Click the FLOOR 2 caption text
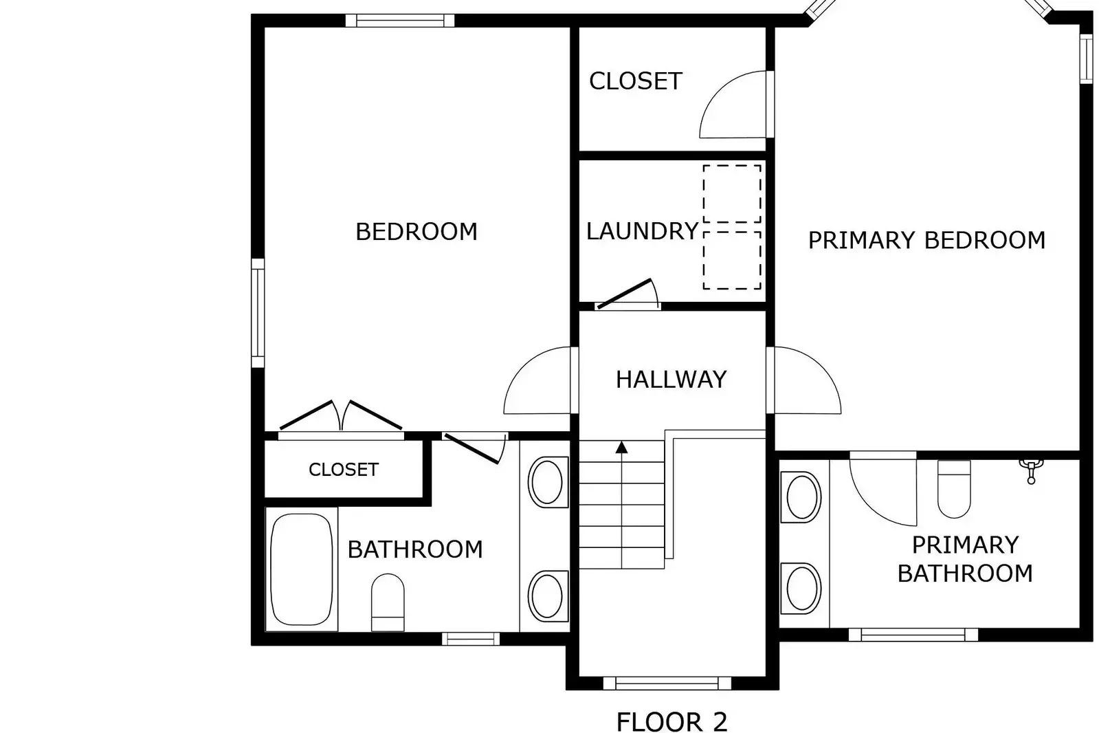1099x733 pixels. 671,722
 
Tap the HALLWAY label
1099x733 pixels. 671,380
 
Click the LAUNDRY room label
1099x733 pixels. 642,231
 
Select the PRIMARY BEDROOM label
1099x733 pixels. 926,240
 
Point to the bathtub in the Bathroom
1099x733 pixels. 301,569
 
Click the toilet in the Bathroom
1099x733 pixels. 388,602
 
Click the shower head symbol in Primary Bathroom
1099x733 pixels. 1031,470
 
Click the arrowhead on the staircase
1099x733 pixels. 621,448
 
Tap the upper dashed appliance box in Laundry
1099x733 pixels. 731,193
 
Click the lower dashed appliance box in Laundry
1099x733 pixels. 731,260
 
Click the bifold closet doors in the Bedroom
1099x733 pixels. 341,417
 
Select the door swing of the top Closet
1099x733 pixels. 732,105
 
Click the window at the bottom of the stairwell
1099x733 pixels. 665,683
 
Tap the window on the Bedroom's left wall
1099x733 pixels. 258,313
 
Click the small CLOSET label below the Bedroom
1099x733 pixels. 343,470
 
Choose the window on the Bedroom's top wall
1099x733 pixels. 399,21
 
